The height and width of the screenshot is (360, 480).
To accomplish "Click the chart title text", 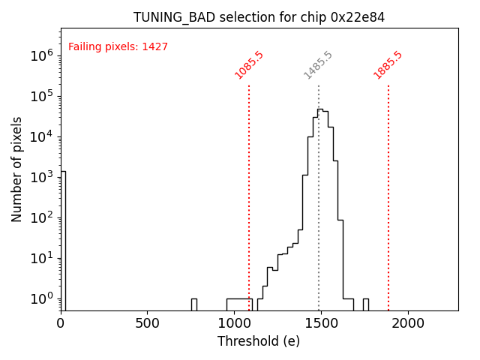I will click(x=259, y=17).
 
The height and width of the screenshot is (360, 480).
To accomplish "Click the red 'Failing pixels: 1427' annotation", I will click(x=118, y=46).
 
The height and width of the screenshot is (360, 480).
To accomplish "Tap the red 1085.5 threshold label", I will click(x=249, y=64).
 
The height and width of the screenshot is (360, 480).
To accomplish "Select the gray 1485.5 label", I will click(x=318, y=64).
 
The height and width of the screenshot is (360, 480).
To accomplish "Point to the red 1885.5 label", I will click(x=388, y=64).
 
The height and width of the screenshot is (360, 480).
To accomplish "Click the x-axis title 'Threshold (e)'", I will click(x=259, y=341).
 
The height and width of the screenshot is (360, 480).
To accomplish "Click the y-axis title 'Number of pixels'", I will click(x=16, y=169).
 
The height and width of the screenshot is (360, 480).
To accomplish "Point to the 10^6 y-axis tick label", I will click(x=42, y=55).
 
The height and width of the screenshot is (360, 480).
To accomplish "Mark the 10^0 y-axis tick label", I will click(x=42, y=298).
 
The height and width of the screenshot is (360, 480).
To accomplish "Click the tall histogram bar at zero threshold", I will click(x=63, y=240).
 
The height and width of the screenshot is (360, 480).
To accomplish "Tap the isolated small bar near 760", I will click(x=193, y=304).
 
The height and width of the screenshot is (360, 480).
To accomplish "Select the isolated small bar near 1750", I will click(x=365, y=304).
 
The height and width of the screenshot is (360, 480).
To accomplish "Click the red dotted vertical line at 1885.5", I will click(x=388, y=195).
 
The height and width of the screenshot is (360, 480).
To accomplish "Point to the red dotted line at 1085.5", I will click(x=249, y=195).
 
